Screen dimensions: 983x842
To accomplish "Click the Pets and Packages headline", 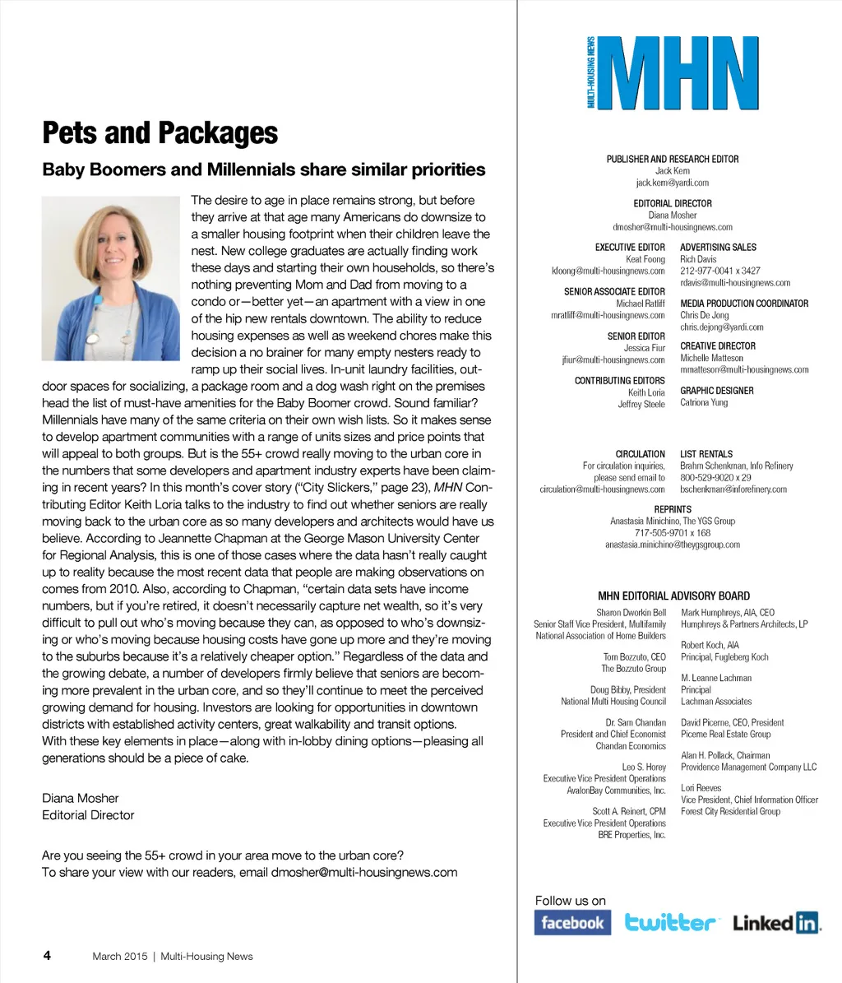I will coord(160,132).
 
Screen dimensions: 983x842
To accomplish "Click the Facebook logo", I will coord(572,923).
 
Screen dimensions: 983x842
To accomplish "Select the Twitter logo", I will coord(672,923).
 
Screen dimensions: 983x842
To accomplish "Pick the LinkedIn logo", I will coord(776,923).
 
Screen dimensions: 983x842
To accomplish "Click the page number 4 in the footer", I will coord(47,955).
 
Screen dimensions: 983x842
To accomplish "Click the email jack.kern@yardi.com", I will coord(672,183).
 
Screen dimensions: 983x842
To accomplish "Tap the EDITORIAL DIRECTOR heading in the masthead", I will coord(673,203).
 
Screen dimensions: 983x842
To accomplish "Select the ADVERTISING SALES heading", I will coord(718,247).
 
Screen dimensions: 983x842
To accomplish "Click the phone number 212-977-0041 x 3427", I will coord(720,271).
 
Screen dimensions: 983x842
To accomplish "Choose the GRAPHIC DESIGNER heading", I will coord(716,391).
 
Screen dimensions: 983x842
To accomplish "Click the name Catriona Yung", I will coord(704,403).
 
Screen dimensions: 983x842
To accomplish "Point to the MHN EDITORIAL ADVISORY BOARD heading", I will coord(673,596).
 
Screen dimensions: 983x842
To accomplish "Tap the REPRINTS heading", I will coord(673,509).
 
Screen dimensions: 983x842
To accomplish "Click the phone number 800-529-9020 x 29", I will coord(715,477).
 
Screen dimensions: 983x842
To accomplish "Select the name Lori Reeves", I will coord(701,787).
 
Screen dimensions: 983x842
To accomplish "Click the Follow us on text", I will coord(570,901).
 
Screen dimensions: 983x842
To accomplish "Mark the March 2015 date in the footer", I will coord(119,956).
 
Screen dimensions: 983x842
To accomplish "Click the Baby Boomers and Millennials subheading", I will coord(263,170).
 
